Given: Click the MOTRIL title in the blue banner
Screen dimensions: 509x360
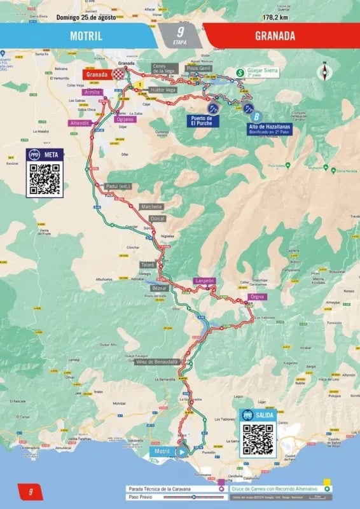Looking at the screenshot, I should point(86,36).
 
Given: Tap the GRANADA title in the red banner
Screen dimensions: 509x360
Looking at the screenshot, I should point(275,36).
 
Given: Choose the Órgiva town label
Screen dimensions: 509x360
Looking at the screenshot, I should point(258,296).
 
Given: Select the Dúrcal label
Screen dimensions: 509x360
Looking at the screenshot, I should point(158,218).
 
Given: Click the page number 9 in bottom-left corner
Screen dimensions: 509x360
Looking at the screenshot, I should point(29,491).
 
